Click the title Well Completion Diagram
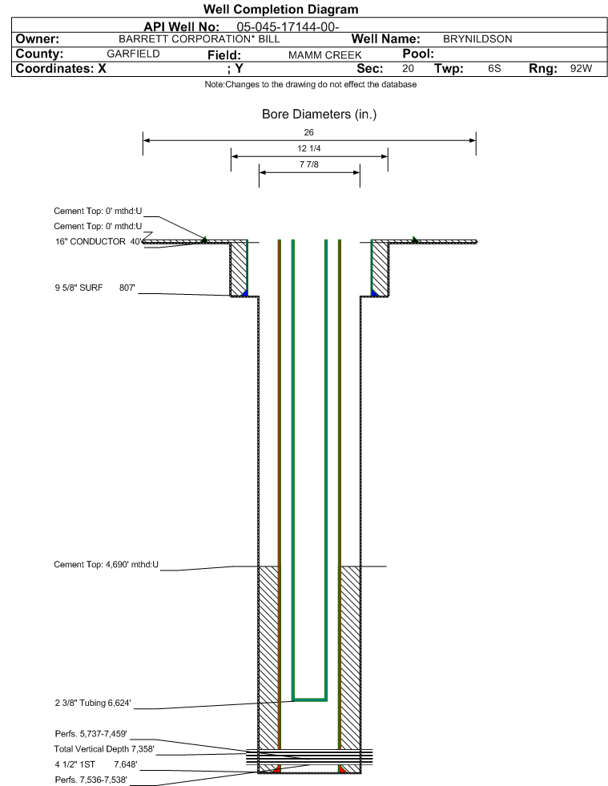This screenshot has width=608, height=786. [x=280, y=9]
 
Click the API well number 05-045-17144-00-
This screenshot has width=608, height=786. [x=288, y=27]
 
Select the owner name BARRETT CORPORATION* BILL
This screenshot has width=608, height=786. [x=199, y=39]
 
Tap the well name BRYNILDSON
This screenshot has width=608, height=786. [x=477, y=39]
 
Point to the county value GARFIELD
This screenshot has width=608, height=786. [x=133, y=54]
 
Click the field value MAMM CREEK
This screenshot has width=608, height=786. [x=324, y=55]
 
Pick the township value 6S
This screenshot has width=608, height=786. [x=494, y=69]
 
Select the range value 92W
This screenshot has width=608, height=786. [x=581, y=69]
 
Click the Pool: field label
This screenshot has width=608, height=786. [x=418, y=54]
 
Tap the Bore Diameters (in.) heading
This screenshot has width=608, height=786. [x=319, y=115]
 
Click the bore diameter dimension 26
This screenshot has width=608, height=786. [x=308, y=132]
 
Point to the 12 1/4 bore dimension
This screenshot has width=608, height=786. [x=308, y=148]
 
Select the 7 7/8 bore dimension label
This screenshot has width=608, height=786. [x=308, y=164]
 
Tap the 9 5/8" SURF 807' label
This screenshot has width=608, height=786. [x=95, y=288]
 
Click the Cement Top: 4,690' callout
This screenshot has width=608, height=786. [x=106, y=564]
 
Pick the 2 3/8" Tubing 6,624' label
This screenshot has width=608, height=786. [x=93, y=703]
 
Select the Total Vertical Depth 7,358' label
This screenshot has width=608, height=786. [x=104, y=749]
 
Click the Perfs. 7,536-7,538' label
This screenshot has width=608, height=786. [x=91, y=780]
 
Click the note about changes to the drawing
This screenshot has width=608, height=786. [x=310, y=85]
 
